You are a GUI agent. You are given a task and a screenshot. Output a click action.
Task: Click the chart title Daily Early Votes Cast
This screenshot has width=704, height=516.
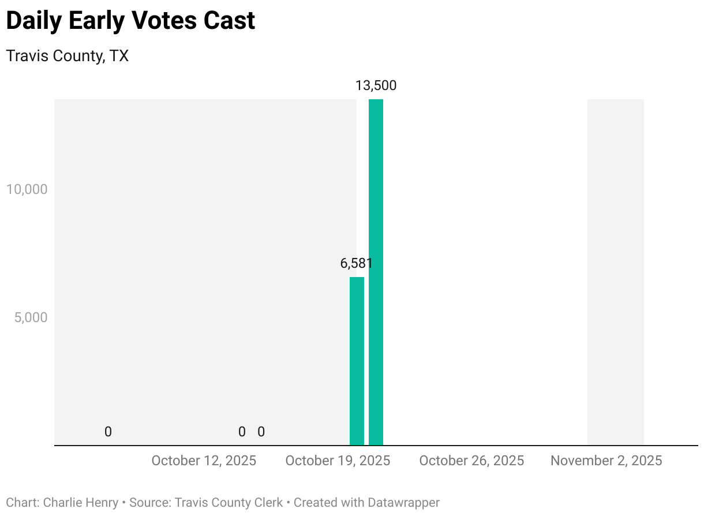click(130, 21)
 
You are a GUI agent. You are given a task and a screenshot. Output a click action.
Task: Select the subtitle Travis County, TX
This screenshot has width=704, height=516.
click(67, 56)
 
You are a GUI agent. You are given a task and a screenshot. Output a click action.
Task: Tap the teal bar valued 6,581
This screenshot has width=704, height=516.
click(357, 361)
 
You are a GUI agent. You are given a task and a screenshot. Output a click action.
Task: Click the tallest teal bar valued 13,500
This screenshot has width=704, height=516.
click(376, 271)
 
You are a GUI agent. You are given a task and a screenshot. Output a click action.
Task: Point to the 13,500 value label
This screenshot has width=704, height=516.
click(376, 86)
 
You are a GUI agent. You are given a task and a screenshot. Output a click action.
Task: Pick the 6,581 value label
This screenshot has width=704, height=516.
click(357, 264)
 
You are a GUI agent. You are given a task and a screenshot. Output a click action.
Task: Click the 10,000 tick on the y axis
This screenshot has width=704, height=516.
click(26, 189)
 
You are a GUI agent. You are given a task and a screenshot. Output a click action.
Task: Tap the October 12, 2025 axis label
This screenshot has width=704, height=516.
click(204, 461)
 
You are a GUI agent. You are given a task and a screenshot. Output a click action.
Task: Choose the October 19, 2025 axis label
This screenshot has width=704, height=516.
click(338, 461)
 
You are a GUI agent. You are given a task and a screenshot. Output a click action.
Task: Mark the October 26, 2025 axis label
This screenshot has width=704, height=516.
click(471, 461)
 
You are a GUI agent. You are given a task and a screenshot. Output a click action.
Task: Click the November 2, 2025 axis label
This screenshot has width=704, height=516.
click(606, 461)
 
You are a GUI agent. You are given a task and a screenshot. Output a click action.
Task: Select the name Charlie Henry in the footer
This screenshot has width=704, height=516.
click(81, 503)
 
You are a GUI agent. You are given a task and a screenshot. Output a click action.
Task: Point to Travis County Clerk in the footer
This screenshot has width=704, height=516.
click(229, 503)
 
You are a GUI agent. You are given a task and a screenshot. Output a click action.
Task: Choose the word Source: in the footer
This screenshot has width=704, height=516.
click(150, 503)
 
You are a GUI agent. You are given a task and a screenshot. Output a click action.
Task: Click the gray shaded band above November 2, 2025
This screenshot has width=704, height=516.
click(615, 271)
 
